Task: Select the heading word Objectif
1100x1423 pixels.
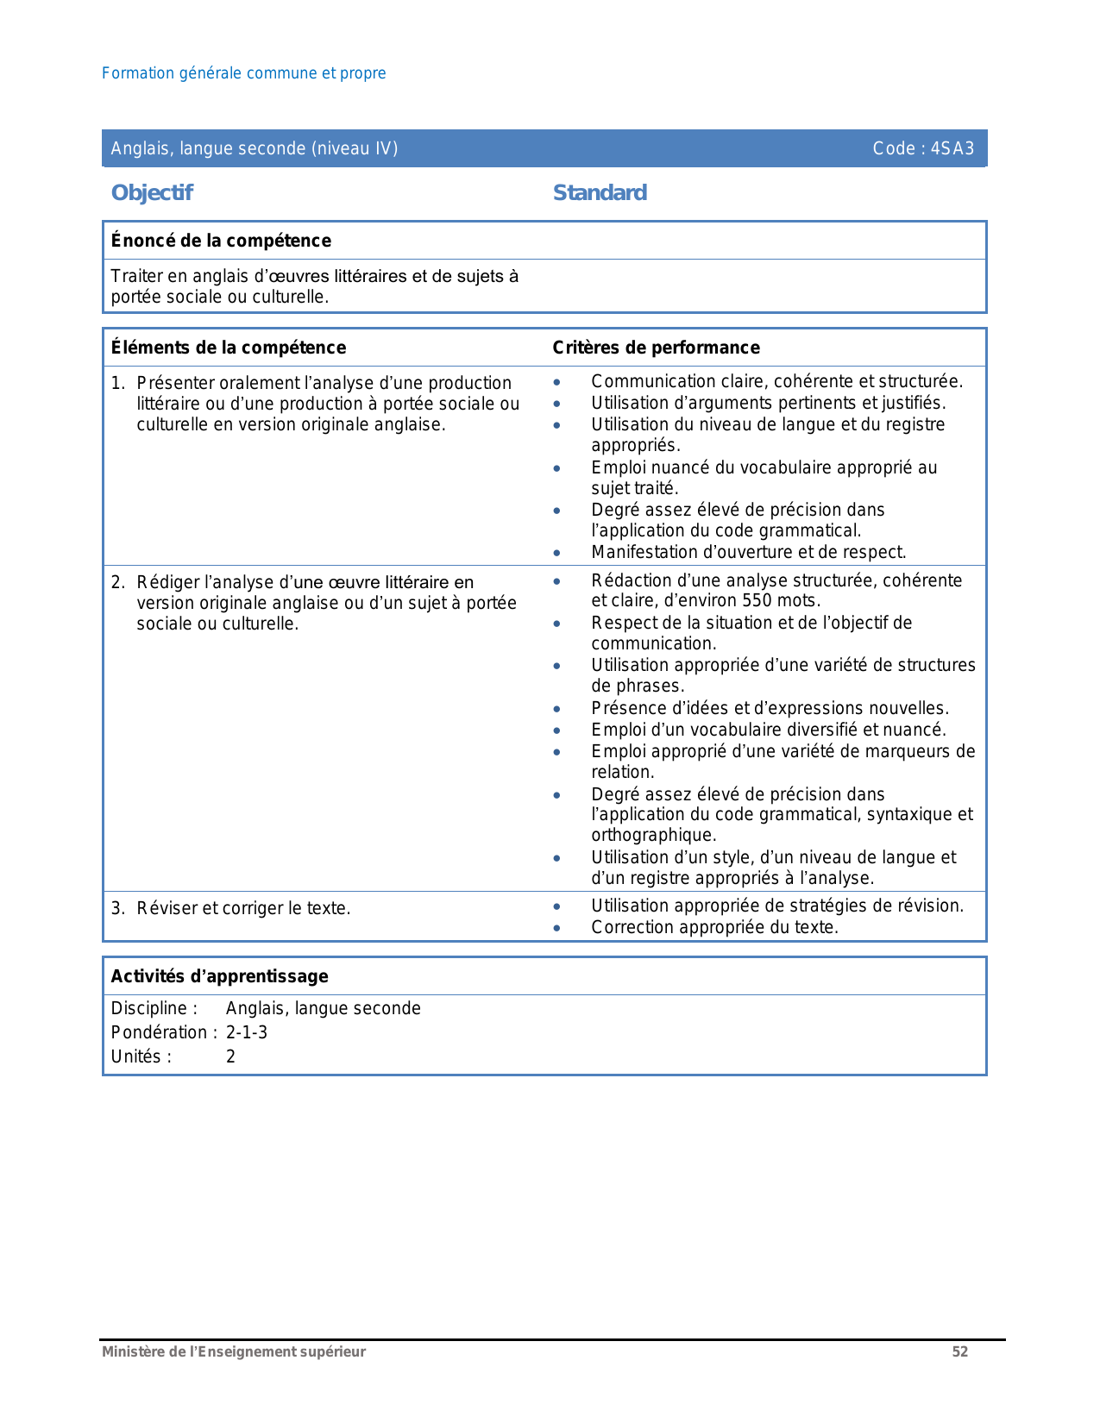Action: coord(152,192)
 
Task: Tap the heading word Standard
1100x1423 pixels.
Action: coord(600,192)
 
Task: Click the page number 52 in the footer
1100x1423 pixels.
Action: coord(959,1351)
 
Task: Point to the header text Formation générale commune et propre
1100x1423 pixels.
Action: coord(243,73)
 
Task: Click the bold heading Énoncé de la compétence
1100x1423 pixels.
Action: coord(221,241)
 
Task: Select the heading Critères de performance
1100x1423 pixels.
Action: coord(656,348)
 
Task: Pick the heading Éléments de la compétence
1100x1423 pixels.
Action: coord(229,348)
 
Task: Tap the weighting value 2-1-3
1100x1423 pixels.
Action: coord(247,1032)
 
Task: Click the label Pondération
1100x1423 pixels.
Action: coord(159,1032)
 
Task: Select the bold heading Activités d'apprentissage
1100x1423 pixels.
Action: coord(219,976)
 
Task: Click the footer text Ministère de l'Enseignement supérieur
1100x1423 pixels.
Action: coord(234,1351)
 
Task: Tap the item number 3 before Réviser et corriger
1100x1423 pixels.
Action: coord(116,908)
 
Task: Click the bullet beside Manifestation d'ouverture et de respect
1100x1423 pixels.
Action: coord(557,553)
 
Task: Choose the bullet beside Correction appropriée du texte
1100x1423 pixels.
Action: coord(557,928)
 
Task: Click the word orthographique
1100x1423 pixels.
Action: coord(653,835)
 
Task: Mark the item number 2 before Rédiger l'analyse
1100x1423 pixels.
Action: coord(116,582)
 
